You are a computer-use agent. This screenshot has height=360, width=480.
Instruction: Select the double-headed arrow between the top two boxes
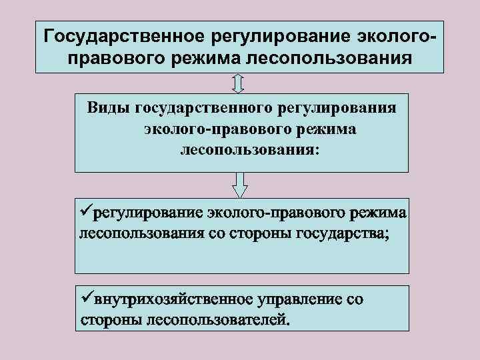(240, 83)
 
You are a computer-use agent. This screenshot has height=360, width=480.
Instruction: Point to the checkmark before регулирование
(85, 213)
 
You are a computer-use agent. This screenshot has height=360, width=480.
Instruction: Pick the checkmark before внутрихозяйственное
(85, 298)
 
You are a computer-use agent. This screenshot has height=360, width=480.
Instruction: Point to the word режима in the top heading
(209, 58)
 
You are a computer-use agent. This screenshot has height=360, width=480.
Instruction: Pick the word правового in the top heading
(118, 58)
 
